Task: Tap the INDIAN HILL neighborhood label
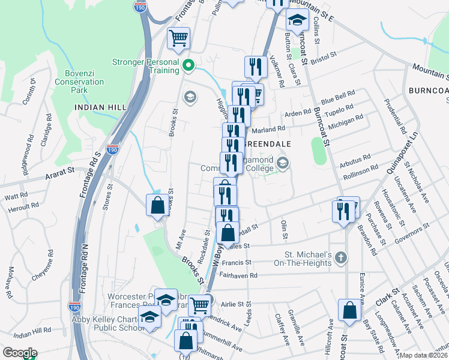(100, 107)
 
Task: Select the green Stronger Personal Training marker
(188, 66)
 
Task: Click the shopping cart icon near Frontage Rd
(178, 38)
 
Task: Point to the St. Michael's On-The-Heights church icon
(340, 258)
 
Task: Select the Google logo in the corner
(19, 353)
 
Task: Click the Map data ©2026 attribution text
(424, 355)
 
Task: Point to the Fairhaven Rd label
(238, 275)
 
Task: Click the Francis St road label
(236, 263)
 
